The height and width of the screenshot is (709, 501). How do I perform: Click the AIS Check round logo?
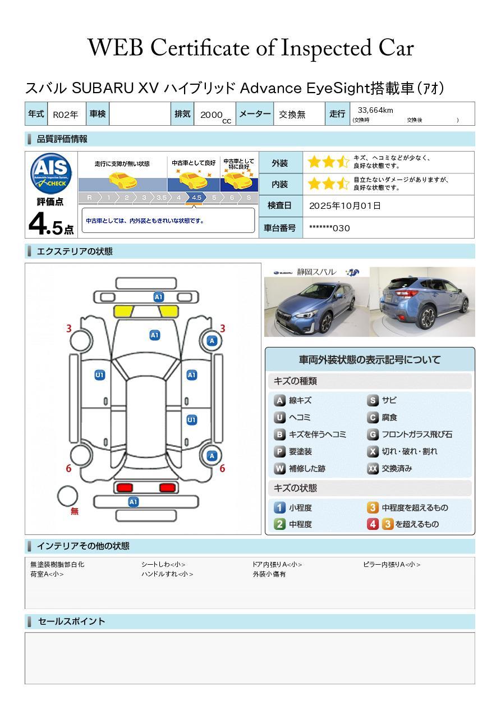point(51,174)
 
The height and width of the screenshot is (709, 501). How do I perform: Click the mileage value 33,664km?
point(375,110)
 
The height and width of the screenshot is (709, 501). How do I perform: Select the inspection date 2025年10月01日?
point(345,205)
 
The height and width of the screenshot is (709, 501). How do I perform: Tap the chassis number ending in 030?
point(329,228)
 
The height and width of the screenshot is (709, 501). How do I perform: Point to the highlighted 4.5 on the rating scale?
point(196,198)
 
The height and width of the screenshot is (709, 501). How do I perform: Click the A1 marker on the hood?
point(154,335)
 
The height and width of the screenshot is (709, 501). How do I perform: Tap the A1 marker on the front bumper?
point(158,297)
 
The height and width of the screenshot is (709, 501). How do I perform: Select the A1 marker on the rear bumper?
point(133,502)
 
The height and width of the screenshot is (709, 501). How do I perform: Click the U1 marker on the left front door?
point(100,375)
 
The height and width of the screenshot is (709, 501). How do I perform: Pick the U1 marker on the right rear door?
point(191,420)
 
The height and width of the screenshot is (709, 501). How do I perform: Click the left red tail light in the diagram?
point(125,487)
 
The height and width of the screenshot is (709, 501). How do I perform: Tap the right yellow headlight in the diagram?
point(169,311)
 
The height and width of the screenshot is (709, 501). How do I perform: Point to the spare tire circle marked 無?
point(67,496)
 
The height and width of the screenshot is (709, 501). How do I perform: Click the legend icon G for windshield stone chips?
point(373,434)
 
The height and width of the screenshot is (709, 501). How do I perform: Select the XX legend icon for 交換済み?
point(373,468)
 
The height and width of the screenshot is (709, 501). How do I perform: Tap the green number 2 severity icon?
point(279,524)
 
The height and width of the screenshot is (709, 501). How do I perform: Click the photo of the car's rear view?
point(422,301)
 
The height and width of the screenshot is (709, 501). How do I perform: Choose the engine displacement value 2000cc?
point(215,116)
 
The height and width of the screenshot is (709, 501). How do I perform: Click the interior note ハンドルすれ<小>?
point(167,574)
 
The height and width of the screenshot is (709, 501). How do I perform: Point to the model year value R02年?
point(66,115)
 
